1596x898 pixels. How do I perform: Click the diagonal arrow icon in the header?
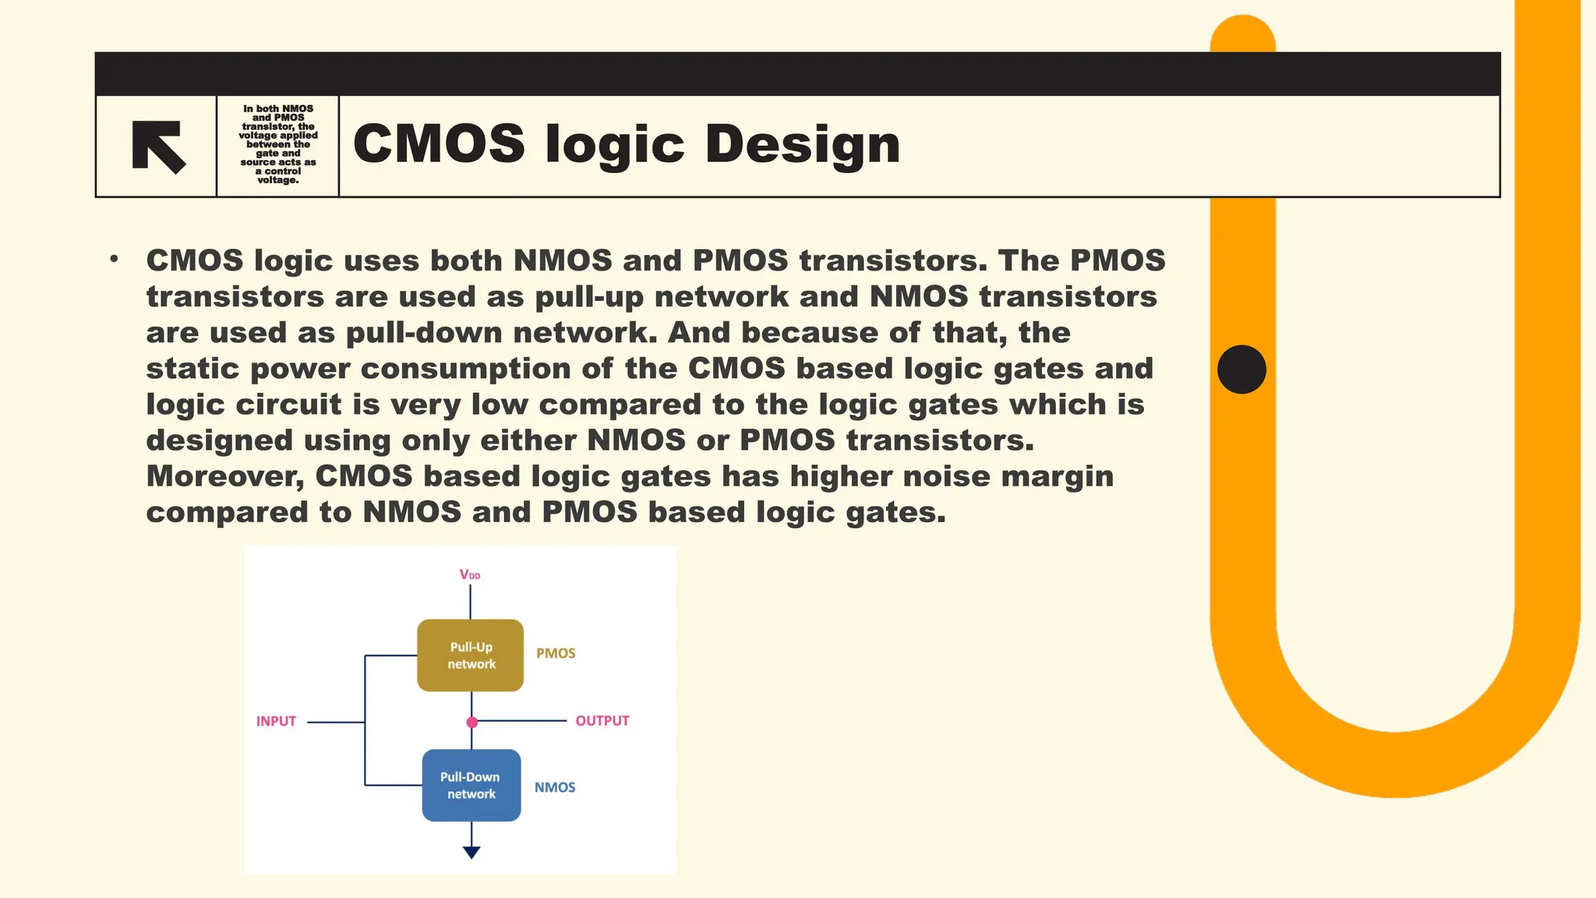(159, 146)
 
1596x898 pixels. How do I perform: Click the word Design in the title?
(802, 144)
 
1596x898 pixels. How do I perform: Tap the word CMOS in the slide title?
(439, 144)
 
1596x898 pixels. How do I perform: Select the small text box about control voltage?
(278, 145)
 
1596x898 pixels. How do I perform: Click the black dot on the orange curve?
(1241, 369)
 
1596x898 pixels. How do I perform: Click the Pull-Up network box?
(471, 656)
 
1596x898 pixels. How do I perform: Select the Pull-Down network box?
(471, 785)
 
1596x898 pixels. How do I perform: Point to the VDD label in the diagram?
(470, 575)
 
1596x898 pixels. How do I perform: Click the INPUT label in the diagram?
(276, 722)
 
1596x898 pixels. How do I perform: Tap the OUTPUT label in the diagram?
(602, 721)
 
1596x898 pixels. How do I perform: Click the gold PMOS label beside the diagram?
(556, 654)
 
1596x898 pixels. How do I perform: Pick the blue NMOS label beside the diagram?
(555, 788)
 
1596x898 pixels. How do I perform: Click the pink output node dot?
(471, 723)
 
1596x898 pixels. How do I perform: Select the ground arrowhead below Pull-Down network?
(471, 852)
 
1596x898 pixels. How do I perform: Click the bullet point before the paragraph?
(115, 259)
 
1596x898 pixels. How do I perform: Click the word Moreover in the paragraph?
(224, 476)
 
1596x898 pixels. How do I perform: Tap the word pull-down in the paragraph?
(424, 333)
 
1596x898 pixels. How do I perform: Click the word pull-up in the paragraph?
(588, 297)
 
